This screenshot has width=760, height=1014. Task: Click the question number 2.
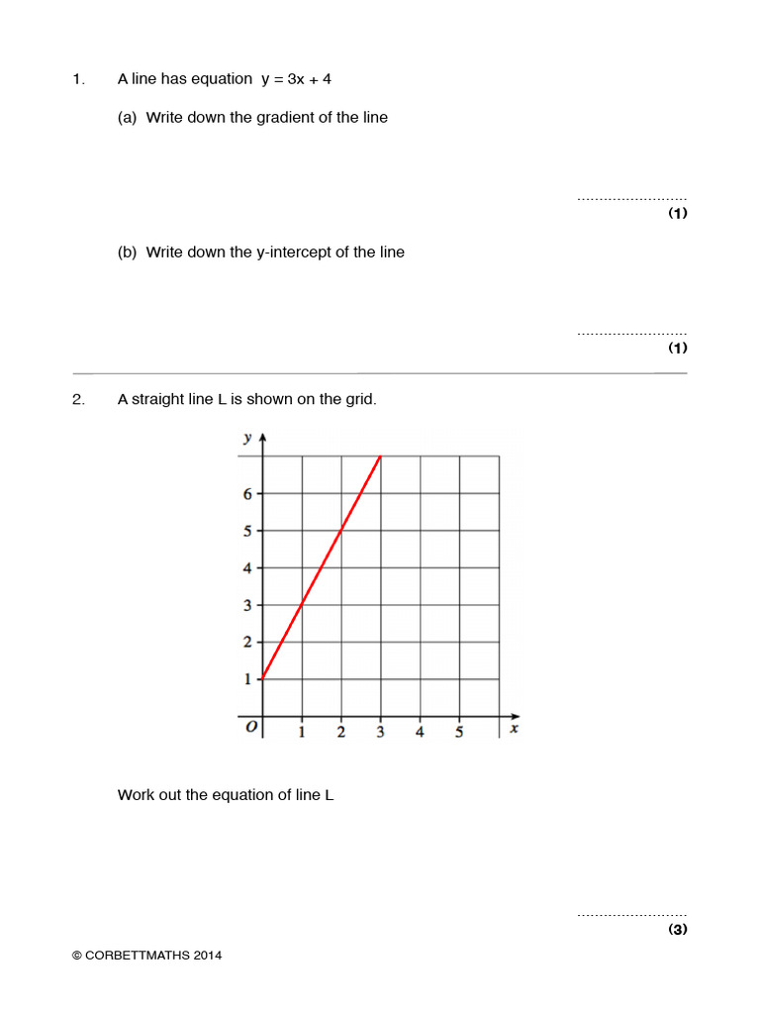pos(78,400)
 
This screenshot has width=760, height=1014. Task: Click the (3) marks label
pos(677,929)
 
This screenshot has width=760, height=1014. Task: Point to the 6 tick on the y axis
pos(248,493)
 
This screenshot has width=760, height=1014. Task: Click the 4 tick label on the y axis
pos(248,567)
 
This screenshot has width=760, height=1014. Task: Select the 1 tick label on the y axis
pos(248,679)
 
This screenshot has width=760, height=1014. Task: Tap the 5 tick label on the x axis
pos(459,733)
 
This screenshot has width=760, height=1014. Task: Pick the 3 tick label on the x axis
pos(380,733)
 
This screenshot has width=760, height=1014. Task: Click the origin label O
pos(251,728)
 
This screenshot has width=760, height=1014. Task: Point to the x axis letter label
pos(514,729)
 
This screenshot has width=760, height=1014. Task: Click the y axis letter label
pos(246,437)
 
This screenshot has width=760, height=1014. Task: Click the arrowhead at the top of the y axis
pos(262,438)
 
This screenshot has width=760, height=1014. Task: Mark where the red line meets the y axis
pos(262,678)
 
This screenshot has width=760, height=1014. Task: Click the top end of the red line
pos(381,456)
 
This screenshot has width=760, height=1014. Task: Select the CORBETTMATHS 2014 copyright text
pos(146,956)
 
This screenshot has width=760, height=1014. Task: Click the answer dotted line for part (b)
pos(631,334)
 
